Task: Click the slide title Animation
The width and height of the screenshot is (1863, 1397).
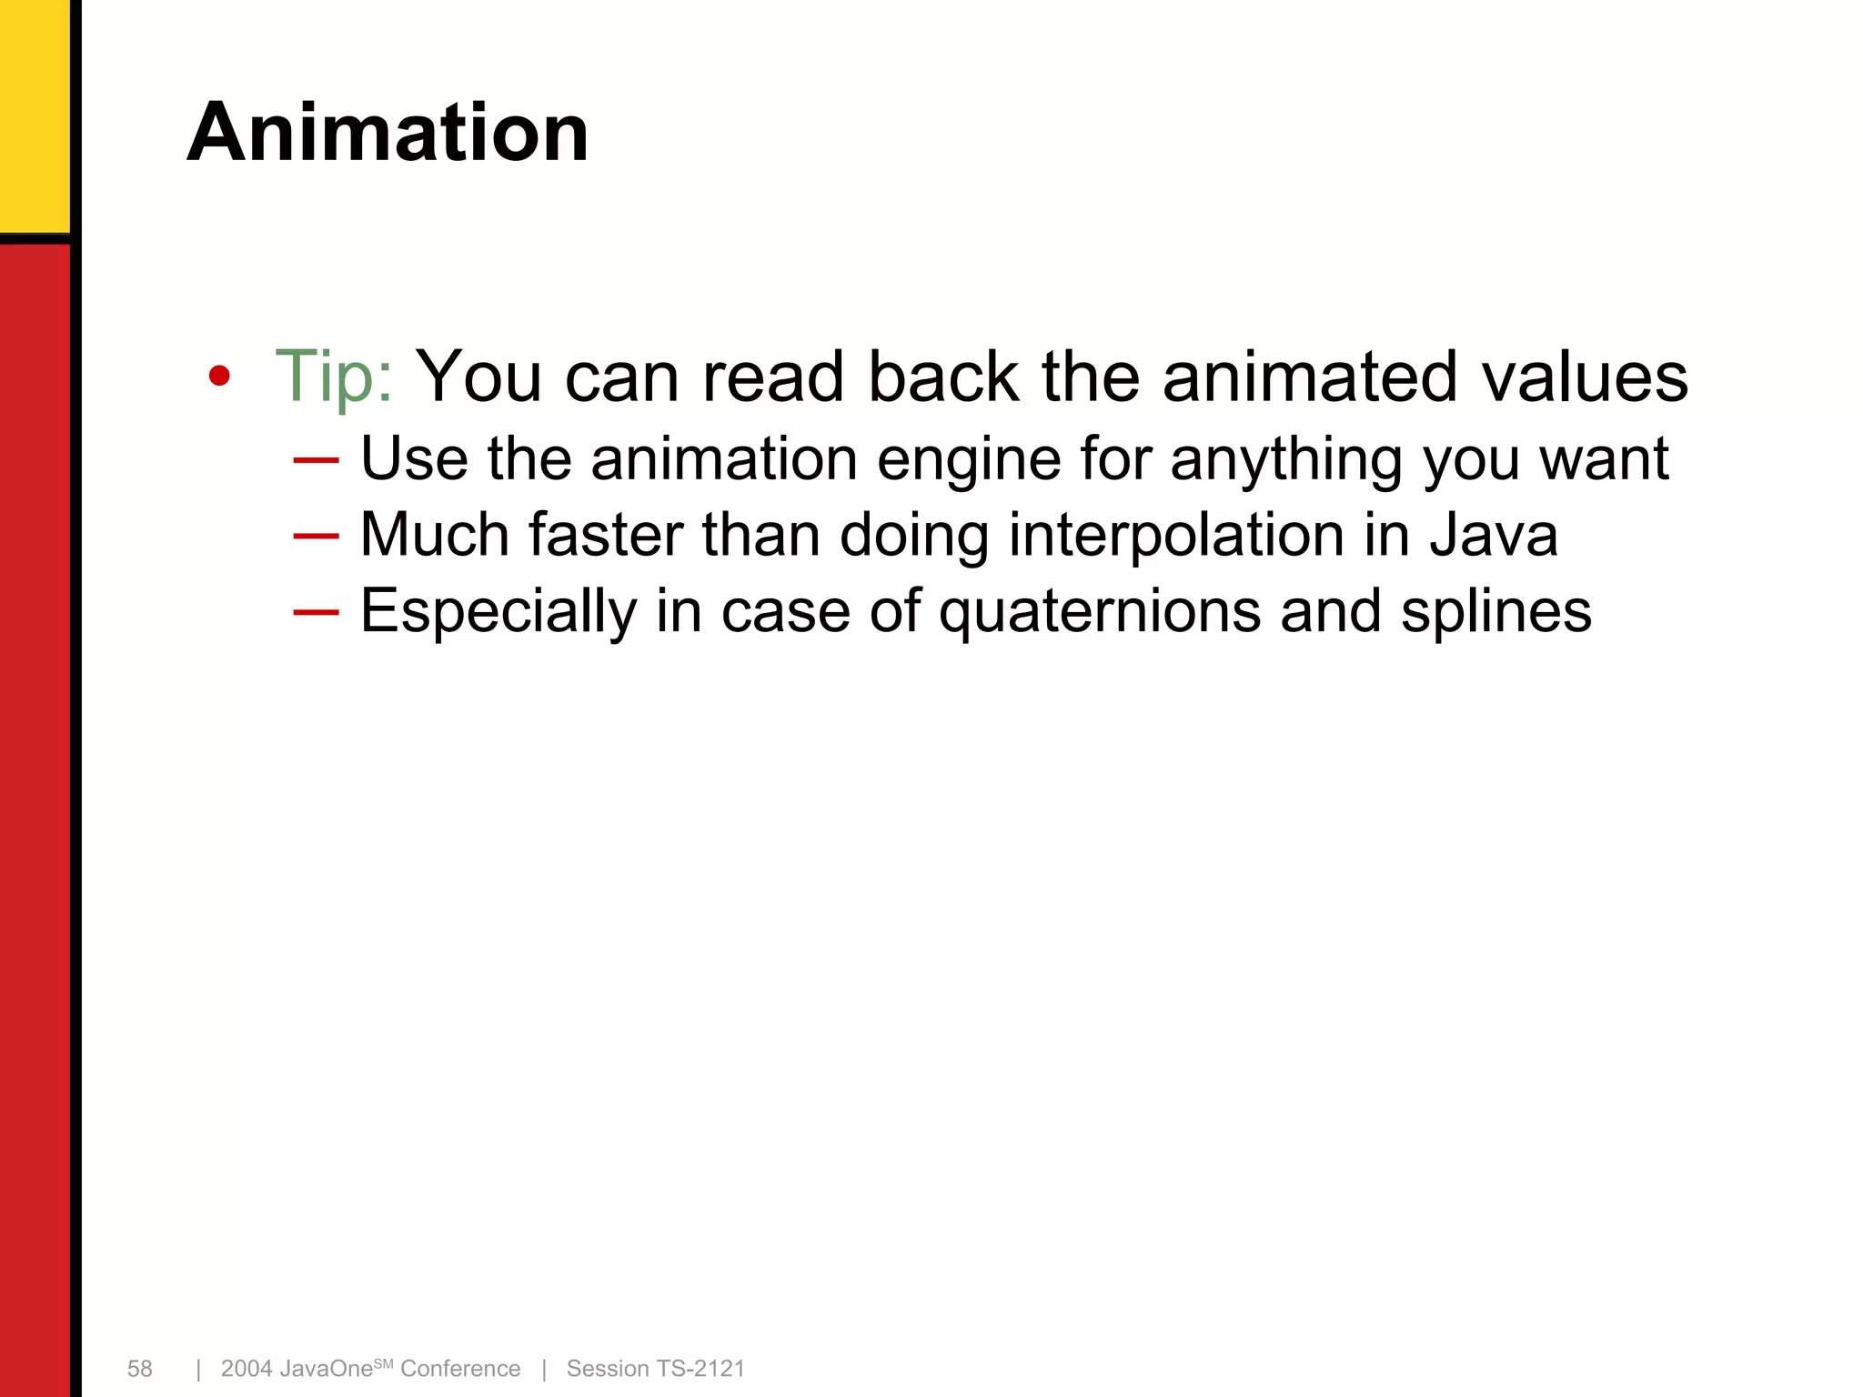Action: pyautogui.click(x=388, y=133)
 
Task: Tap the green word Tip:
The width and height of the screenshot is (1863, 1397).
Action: pyautogui.click(x=334, y=376)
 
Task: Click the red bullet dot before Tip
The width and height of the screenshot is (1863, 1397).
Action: pyautogui.click(x=219, y=376)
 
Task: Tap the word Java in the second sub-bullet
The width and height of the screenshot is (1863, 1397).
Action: pyautogui.click(x=1494, y=535)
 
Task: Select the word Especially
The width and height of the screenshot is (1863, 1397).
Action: pyautogui.click(x=498, y=612)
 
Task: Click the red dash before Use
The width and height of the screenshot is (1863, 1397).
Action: pyautogui.click(x=316, y=460)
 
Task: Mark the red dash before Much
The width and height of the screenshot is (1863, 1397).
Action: pyautogui.click(x=316, y=536)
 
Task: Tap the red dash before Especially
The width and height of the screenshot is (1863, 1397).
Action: pyautogui.click(x=316, y=612)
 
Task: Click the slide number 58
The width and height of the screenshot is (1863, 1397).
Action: pyautogui.click(x=140, y=1369)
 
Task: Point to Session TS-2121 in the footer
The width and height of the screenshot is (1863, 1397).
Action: pyautogui.click(x=655, y=1369)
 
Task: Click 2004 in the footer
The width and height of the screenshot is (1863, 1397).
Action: pyautogui.click(x=247, y=1369)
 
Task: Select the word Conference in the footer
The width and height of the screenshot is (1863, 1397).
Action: pyautogui.click(x=460, y=1369)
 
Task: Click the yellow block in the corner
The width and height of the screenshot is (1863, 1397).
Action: pyautogui.click(x=34, y=114)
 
